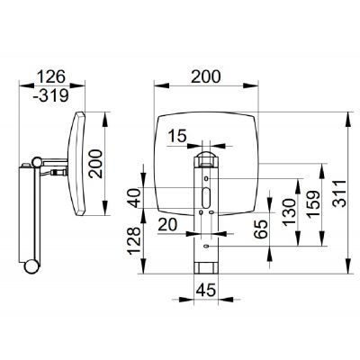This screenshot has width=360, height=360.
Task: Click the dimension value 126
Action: (x=50, y=76)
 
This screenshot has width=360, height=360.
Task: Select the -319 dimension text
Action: (x=50, y=95)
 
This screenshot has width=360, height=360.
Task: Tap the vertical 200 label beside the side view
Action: (x=96, y=164)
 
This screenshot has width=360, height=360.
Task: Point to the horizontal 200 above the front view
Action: (x=206, y=76)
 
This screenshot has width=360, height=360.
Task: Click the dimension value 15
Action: (x=177, y=136)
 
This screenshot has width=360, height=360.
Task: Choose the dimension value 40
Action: (x=135, y=198)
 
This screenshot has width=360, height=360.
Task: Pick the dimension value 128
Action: (x=135, y=241)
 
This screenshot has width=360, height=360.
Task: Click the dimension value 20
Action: (x=167, y=224)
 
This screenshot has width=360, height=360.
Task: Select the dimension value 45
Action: (x=206, y=290)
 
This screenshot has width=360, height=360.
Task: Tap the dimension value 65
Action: (x=260, y=229)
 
